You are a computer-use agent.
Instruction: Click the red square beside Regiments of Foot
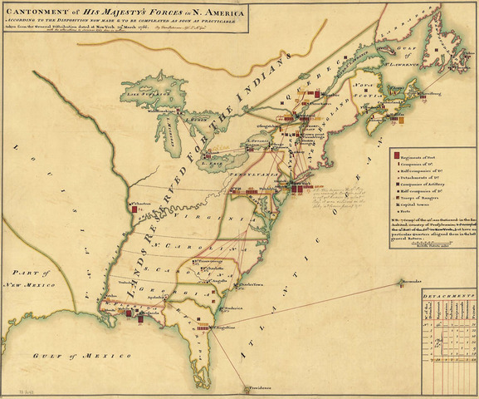click(x=396, y=156)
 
